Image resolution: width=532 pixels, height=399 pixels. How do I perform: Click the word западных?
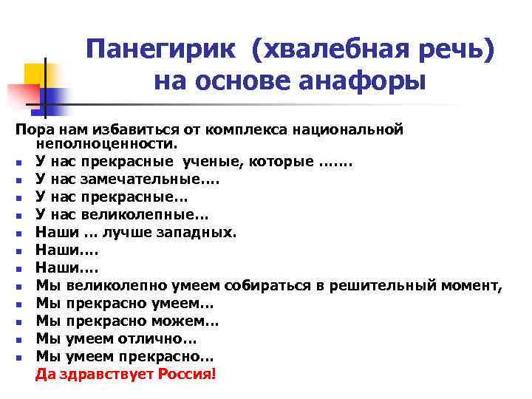click(x=199, y=233)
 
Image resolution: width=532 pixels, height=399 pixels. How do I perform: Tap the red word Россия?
click(x=187, y=375)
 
